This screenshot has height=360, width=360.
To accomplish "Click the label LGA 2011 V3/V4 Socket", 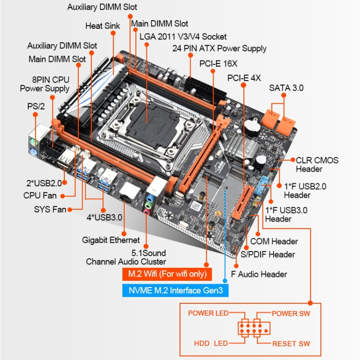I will click(x=183, y=36).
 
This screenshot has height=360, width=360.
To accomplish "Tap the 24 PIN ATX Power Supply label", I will click(x=219, y=48).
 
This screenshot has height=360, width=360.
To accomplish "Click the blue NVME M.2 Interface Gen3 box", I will click(x=175, y=290).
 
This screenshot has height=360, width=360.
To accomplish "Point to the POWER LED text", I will click(x=208, y=313).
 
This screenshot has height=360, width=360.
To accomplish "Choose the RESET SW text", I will click(x=291, y=344).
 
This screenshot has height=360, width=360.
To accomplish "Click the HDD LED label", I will click(x=211, y=344).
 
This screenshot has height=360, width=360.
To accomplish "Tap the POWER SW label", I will click(x=291, y=313).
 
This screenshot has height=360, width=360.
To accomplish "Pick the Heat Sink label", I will click(x=103, y=25).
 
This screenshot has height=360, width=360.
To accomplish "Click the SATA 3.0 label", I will click(x=286, y=88).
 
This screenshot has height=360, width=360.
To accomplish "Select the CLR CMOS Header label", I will click(x=317, y=165).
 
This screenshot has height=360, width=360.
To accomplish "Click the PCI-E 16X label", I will click(x=218, y=63).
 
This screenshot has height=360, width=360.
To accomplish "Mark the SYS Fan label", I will click(x=49, y=209).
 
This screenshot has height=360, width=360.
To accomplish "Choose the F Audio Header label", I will click(x=259, y=274).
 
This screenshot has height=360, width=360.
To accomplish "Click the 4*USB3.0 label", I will click(x=104, y=217).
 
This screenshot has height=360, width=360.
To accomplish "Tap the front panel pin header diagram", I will click(x=253, y=328).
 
